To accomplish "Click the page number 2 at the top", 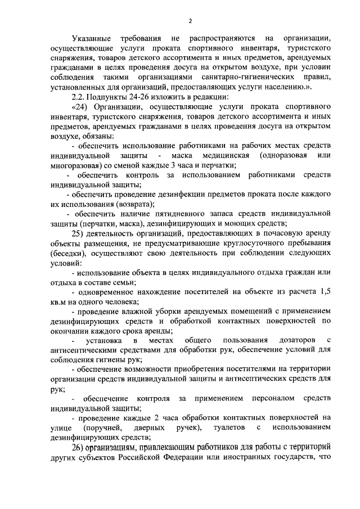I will point(190,21).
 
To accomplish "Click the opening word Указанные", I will point(92,38).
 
